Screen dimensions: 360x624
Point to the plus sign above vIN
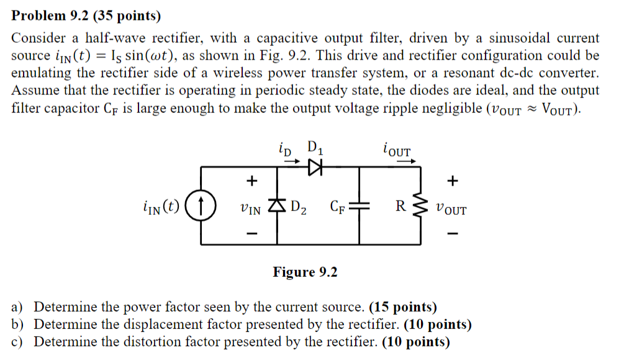[x=251, y=181]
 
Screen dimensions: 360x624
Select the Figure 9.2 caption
[x=305, y=272]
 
